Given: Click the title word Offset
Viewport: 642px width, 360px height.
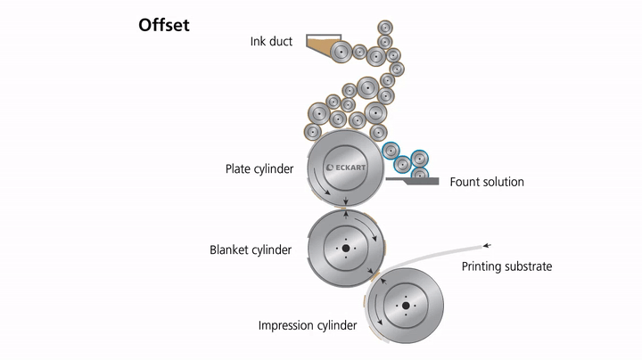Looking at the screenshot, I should coord(163,25).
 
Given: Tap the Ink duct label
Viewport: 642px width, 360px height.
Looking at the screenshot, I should coord(272,42).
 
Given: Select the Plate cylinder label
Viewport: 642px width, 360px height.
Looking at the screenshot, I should coord(259,168).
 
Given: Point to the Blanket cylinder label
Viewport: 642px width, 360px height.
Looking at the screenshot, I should coord(251,250).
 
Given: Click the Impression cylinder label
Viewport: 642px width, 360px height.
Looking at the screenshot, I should coord(308,325).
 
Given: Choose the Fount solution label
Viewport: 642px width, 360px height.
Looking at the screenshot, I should coord(486,182).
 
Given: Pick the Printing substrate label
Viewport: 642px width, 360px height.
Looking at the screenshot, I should coord(506,266).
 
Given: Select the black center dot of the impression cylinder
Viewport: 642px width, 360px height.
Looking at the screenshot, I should coord(406,306).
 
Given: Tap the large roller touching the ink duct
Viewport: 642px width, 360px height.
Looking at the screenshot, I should coord(340,52).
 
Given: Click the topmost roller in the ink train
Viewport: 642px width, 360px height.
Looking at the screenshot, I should coord(385,26).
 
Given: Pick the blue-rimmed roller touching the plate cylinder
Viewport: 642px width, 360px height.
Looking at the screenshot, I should coord(391,151).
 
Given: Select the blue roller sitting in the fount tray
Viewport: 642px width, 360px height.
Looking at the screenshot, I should coord(407,174).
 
